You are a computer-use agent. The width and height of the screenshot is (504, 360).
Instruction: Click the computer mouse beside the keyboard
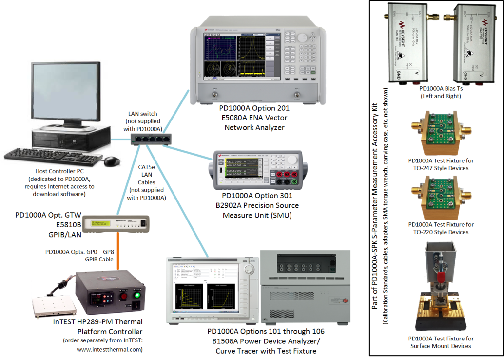click(x=112, y=160)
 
